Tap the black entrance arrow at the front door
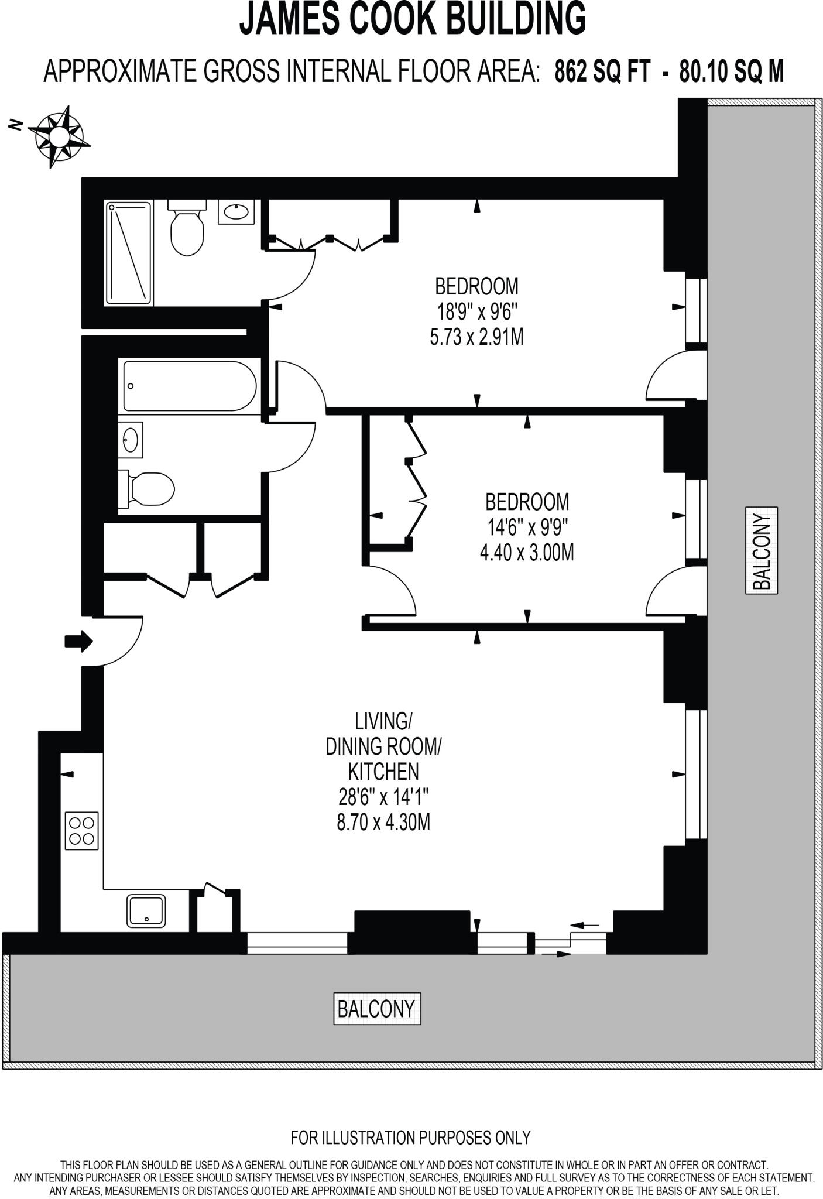coord(78,641)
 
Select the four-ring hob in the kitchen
coord(82,831)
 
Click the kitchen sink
coord(146,912)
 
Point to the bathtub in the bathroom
coord(190,386)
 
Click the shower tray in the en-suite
coord(129,253)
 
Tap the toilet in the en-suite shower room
coord(187,231)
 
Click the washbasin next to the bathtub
coord(130,439)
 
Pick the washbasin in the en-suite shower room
coord(236,211)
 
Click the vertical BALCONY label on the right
coord(762,551)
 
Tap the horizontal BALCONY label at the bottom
coord(376,1008)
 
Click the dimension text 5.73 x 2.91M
coord(476,338)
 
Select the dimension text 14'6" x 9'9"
coord(527,527)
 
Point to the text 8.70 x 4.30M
coord(383,823)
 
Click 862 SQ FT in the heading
coord(602,72)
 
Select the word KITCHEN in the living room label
coord(383,772)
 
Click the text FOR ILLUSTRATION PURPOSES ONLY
coord(410,1138)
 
